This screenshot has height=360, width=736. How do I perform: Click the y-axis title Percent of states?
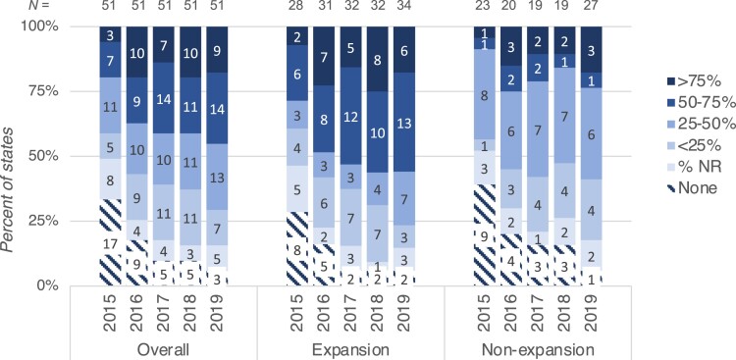[x=15, y=155]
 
